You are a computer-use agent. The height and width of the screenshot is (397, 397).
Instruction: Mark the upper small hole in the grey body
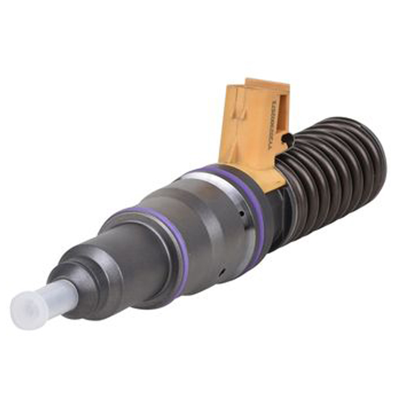241,213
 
